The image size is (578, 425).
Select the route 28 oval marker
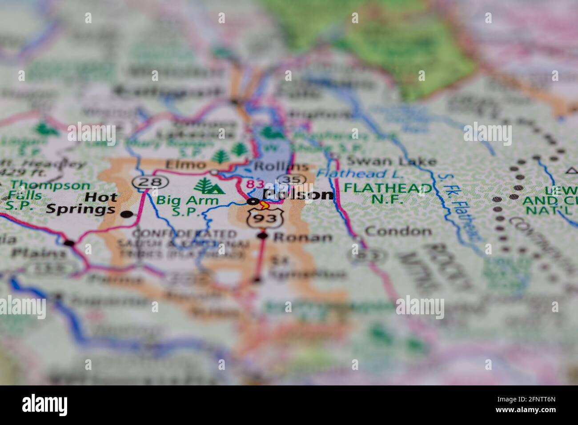[x=146, y=181]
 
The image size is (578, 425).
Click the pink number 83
[x=254, y=184]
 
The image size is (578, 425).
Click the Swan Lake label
[x=391, y=161]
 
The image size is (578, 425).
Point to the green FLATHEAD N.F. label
[x=388, y=193]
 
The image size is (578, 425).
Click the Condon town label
[x=398, y=231]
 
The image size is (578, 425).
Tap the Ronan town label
[x=303, y=237]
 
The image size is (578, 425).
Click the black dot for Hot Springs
[x=127, y=214]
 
